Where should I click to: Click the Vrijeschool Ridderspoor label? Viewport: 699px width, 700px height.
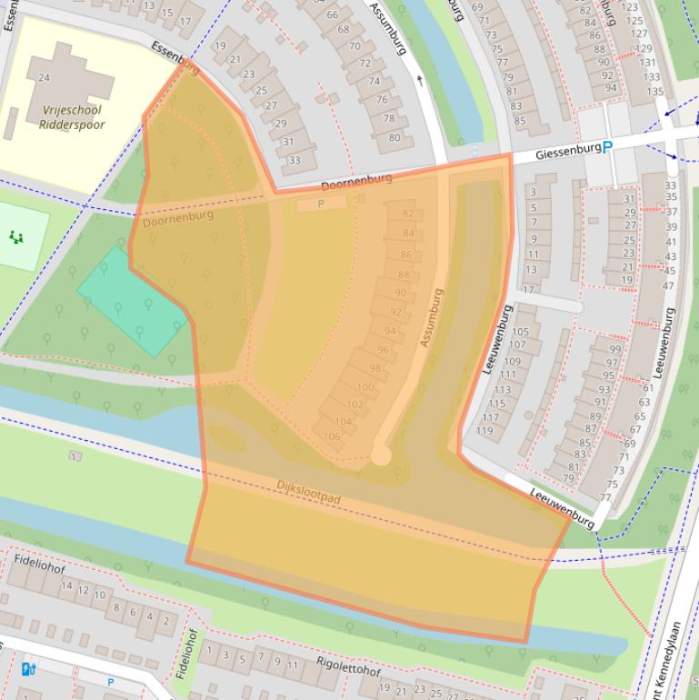[x=72, y=117]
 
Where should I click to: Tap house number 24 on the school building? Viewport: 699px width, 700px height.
[x=44, y=77]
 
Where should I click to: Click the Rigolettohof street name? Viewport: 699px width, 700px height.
[x=348, y=668]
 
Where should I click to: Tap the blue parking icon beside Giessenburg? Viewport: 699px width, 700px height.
[x=608, y=147]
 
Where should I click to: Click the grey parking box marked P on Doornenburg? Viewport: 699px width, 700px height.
[x=321, y=205]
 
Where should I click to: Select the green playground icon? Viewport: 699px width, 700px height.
[x=15, y=237]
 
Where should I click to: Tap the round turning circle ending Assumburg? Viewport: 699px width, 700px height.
[x=381, y=455]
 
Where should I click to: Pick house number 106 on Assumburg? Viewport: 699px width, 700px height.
[x=331, y=436]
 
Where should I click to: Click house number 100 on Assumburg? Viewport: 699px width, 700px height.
[x=364, y=387]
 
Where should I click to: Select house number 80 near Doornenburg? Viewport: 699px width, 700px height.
[x=394, y=138]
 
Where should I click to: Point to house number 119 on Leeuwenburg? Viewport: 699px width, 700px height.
[x=484, y=431]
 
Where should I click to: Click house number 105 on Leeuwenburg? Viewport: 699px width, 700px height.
[x=519, y=332]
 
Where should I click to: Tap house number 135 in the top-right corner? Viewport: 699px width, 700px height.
[x=654, y=91]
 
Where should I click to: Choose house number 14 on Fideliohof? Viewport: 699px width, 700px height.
[x=66, y=585]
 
